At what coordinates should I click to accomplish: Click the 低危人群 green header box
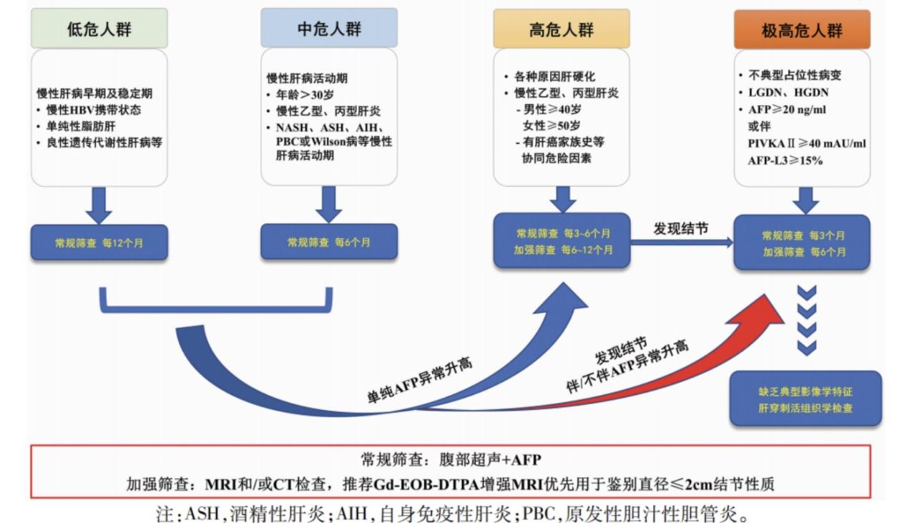[99, 29]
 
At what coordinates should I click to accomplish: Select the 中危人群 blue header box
[329, 28]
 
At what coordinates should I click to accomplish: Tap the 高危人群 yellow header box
[562, 29]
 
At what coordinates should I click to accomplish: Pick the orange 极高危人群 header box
[802, 30]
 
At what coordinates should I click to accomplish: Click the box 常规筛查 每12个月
[99, 243]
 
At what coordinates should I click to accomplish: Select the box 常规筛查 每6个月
[329, 242]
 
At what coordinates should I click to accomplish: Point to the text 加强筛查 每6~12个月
[563, 250]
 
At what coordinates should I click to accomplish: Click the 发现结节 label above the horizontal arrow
[681, 228]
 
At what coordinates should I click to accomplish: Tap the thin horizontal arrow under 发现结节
[682, 243]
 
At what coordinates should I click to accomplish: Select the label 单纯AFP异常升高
[419, 380]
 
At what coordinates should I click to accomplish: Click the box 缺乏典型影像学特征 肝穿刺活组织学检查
[805, 399]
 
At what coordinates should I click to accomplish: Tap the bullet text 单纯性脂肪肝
[81, 127]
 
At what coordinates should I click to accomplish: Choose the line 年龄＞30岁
[305, 94]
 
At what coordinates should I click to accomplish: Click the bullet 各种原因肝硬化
[555, 77]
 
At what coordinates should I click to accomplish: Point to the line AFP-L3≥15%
[785, 160]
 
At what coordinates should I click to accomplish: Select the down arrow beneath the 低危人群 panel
[99, 205]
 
